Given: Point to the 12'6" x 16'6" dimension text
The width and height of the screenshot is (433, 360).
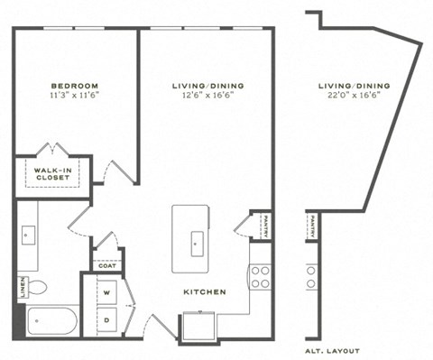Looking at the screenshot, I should pos(207,97).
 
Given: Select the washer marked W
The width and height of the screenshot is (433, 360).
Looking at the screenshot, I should pos(107,293).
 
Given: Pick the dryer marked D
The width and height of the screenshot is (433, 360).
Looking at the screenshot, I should pos(107,320).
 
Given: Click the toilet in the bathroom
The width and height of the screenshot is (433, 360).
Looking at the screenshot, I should pos(37,288).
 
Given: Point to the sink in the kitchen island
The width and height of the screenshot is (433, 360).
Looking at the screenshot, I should pos(196,241).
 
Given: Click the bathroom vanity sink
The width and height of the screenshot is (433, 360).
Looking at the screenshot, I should pos(26,236).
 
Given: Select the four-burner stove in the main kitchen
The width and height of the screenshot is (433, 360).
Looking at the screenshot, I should pos(260,277).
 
